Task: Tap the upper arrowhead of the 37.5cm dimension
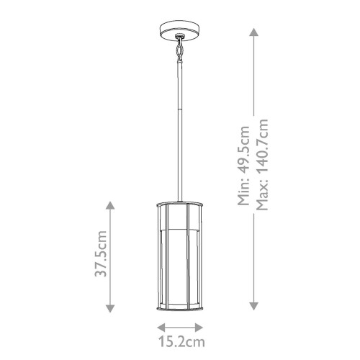pyautogui.click(x=110, y=206)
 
